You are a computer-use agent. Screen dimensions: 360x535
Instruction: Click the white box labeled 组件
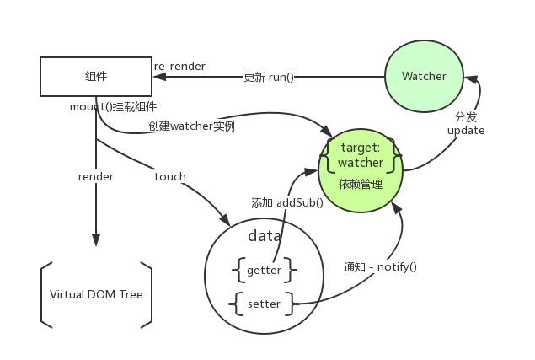(x=95, y=77)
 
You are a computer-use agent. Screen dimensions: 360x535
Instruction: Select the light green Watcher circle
(x=424, y=77)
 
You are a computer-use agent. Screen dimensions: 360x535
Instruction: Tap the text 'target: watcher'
(x=361, y=155)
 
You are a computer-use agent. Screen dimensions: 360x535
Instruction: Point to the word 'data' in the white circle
(x=264, y=237)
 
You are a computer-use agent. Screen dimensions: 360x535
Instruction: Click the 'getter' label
(x=265, y=271)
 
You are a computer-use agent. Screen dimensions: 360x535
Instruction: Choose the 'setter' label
(x=265, y=304)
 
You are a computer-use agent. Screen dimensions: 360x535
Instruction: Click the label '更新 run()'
(x=268, y=77)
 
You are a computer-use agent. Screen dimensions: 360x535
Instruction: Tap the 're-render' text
(x=179, y=66)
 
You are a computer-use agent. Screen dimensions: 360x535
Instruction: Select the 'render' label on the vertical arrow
(x=95, y=176)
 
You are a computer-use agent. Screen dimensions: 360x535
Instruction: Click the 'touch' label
(x=170, y=176)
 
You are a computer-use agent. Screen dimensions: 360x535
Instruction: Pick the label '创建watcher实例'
(x=191, y=126)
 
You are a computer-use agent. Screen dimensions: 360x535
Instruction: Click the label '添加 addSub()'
(x=287, y=202)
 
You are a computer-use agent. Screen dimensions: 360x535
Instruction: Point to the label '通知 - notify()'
(x=380, y=266)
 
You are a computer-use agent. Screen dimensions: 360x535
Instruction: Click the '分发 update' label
(x=466, y=124)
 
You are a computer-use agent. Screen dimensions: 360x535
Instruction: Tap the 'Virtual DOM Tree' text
(x=96, y=295)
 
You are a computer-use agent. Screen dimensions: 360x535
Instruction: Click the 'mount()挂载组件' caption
(x=114, y=107)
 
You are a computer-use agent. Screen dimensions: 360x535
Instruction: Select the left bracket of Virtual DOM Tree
(x=45, y=294)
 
